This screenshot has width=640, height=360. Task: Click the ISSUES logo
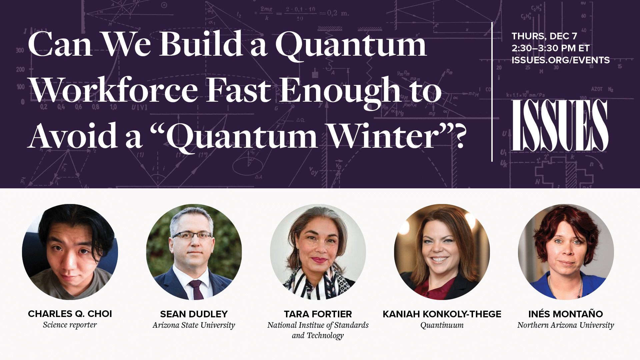pos(560,125)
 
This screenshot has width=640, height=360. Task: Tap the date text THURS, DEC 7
pos(544,36)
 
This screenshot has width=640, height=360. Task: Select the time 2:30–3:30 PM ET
pos(550,48)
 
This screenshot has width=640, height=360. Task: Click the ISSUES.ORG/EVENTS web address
pos(560,60)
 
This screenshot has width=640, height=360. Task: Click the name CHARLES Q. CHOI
pos(70,314)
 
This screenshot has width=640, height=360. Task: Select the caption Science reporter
pos(70,325)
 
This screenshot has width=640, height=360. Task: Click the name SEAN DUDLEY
pos(194,314)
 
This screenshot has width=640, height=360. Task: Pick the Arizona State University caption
pos(194,325)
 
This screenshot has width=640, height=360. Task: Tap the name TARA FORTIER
pos(318,314)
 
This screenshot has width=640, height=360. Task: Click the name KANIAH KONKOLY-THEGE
pos(442,314)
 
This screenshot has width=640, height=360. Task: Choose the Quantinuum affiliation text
pos(442,325)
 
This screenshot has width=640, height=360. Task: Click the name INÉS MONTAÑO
pos(565,314)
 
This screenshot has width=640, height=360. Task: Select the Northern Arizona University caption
pos(565,325)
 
